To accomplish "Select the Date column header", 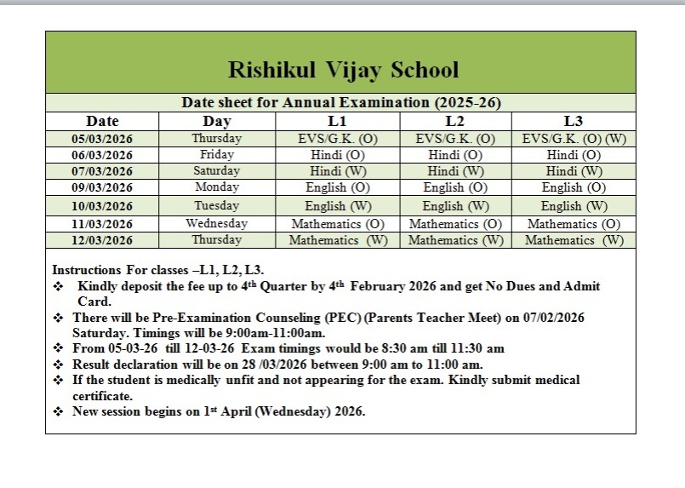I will [x=102, y=121].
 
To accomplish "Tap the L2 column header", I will [x=454, y=121].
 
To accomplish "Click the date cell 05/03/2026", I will [x=102, y=139].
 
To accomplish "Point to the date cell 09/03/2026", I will [x=102, y=188].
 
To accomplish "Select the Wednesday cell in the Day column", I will [x=216, y=223].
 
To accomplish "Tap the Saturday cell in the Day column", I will [x=216, y=171].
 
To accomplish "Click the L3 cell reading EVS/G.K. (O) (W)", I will [x=574, y=139].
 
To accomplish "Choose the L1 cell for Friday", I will [x=337, y=155].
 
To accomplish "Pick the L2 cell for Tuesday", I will [x=455, y=206].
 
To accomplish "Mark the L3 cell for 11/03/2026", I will [x=574, y=224].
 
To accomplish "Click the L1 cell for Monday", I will [x=337, y=187].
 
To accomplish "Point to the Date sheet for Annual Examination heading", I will [x=341, y=102].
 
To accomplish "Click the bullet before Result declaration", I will [x=58, y=365].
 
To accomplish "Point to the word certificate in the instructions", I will [x=102, y=396].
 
